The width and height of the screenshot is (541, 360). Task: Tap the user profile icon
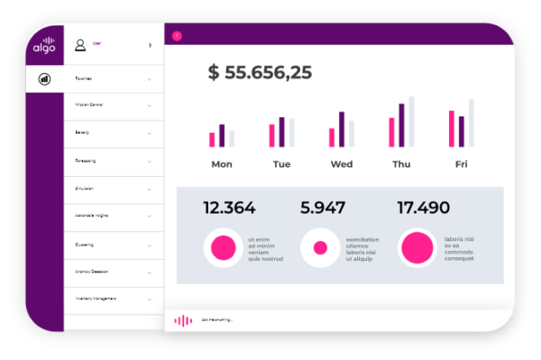(80, 44)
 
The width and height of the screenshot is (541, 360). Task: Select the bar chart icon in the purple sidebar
(44, 78)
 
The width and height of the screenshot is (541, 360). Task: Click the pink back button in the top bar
(177, 35)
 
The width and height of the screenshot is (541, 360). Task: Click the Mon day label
(222, 164)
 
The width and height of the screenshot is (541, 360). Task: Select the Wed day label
(342, 164)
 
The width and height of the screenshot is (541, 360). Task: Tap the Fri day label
(462, 164)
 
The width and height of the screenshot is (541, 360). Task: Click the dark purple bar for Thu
(401, 125)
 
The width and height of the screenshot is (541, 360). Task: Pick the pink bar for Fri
(452, 129)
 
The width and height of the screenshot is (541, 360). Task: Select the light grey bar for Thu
(411, 122)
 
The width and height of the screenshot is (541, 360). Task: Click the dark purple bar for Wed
(342, 129)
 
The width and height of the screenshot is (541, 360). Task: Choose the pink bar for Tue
(271, 135)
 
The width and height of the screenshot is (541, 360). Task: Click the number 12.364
(229, 208)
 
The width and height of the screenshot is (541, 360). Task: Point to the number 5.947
(323, 208)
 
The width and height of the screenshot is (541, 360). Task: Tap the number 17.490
(423, 208)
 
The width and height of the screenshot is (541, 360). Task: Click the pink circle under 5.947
(319, 247)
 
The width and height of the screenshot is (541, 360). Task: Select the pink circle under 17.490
(417, 247)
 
